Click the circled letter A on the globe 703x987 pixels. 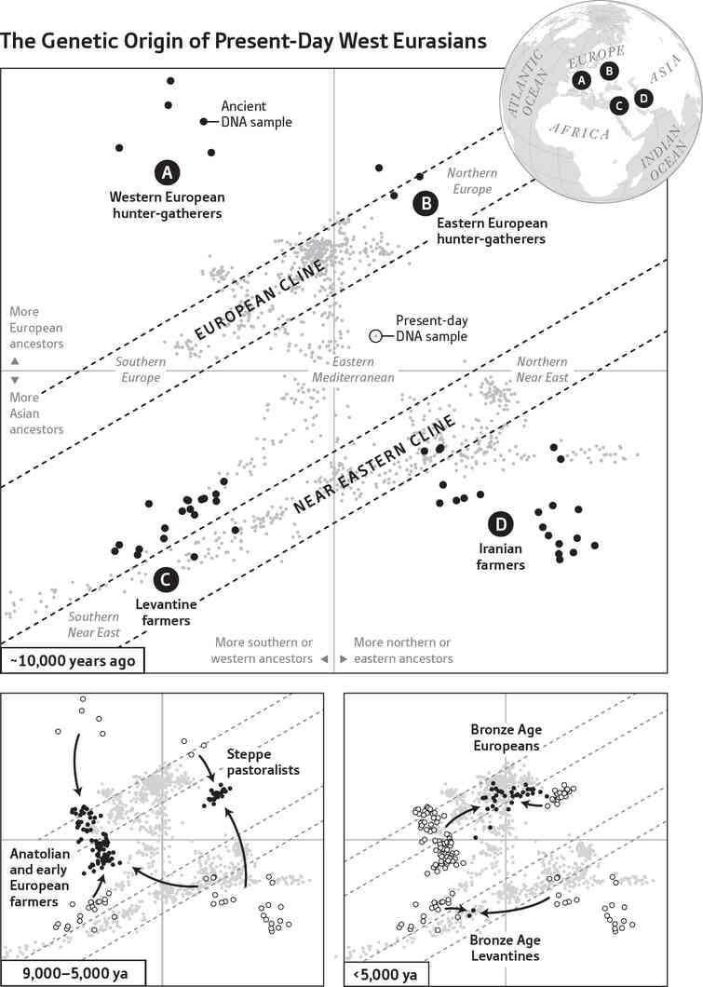(x=582, y=81)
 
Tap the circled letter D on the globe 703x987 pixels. (x=643, y=98)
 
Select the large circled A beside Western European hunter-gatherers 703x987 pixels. (x=167, y=172)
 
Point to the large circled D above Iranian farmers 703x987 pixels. (x=500, y=526)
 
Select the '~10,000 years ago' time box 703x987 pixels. (x=73, y=660)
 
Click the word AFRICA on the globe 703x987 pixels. (x=580, y=133)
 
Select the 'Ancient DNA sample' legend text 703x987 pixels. (x=256, y=115)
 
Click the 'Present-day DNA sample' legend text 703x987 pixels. (x=431, y=328)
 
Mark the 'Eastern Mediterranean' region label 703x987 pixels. (x=354, y=370)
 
